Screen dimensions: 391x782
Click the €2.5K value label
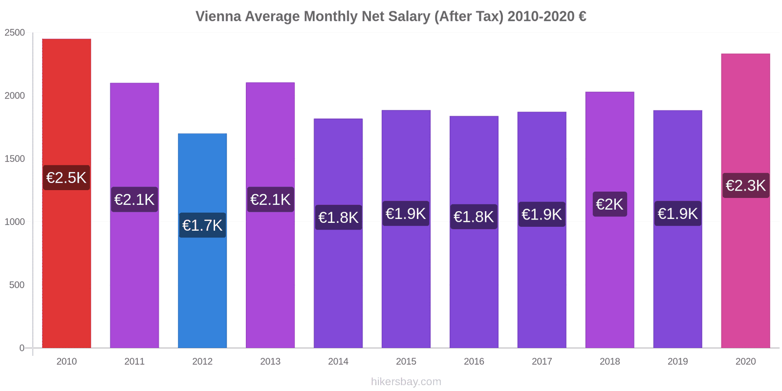click(x=66, y=177)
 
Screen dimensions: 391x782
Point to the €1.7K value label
click(x=202, y=225)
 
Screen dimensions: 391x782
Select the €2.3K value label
click(x=745, y=185)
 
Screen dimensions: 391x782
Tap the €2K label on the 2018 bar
click(x=609, y=204)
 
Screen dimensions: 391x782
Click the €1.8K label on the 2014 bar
click(x=338, y=217)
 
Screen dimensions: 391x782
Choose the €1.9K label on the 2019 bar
click(x=677, y=214)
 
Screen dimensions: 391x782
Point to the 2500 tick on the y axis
click(x=15, y=33)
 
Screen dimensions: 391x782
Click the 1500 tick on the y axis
click(x=15, y=159)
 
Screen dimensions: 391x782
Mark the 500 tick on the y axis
click(x=17, y=285)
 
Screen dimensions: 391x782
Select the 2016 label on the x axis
click(x=474, y=362)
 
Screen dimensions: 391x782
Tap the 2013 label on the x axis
click(x=270, y=362)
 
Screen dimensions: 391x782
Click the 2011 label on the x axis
click(x=134, y=362)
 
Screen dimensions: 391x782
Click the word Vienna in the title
click(x=218, y=17)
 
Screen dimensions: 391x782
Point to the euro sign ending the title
click(x=582, y=17)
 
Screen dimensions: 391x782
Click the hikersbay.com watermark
click(x=406, y=382)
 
